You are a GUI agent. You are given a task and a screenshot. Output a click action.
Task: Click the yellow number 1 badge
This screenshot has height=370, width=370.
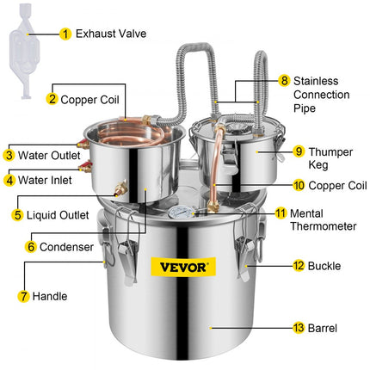[65, 35]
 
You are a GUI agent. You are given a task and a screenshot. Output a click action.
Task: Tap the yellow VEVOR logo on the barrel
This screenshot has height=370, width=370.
[184, 267]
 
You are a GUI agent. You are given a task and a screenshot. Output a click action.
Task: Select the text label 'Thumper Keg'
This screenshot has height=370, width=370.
[331, 158]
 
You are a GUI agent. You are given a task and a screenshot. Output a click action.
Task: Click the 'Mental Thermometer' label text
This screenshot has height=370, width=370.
[324, 219]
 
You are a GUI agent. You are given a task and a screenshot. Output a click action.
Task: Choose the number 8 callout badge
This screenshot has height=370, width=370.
[285, 80]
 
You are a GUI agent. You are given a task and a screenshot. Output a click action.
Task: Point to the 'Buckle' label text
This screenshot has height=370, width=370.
[327, 267]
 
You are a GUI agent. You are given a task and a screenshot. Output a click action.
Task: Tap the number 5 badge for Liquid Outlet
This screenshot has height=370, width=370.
[16, 214]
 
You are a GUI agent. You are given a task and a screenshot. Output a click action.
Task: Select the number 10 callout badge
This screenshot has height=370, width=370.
[274, 185]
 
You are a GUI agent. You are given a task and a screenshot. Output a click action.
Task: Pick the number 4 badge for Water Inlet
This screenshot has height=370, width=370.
[9, 181]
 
